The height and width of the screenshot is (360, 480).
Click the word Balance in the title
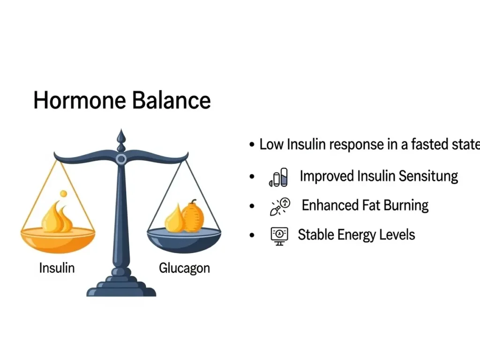pos(172,100)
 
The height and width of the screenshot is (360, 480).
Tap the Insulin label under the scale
pos(57,268)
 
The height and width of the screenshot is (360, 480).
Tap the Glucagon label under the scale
pos(184,269)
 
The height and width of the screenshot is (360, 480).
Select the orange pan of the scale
pos(58,240)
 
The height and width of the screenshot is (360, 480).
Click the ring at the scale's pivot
pos(121,159)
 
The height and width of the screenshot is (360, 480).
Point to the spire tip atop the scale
pos(121,129)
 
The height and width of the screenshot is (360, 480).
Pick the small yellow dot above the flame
pos(63,194)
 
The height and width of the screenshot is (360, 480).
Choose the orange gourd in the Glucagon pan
pos(193,216)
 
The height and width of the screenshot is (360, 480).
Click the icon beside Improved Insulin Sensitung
pos(278,177)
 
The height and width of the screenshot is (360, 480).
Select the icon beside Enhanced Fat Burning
pos(280,207)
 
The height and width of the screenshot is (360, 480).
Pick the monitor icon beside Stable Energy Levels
pos(279,236)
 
